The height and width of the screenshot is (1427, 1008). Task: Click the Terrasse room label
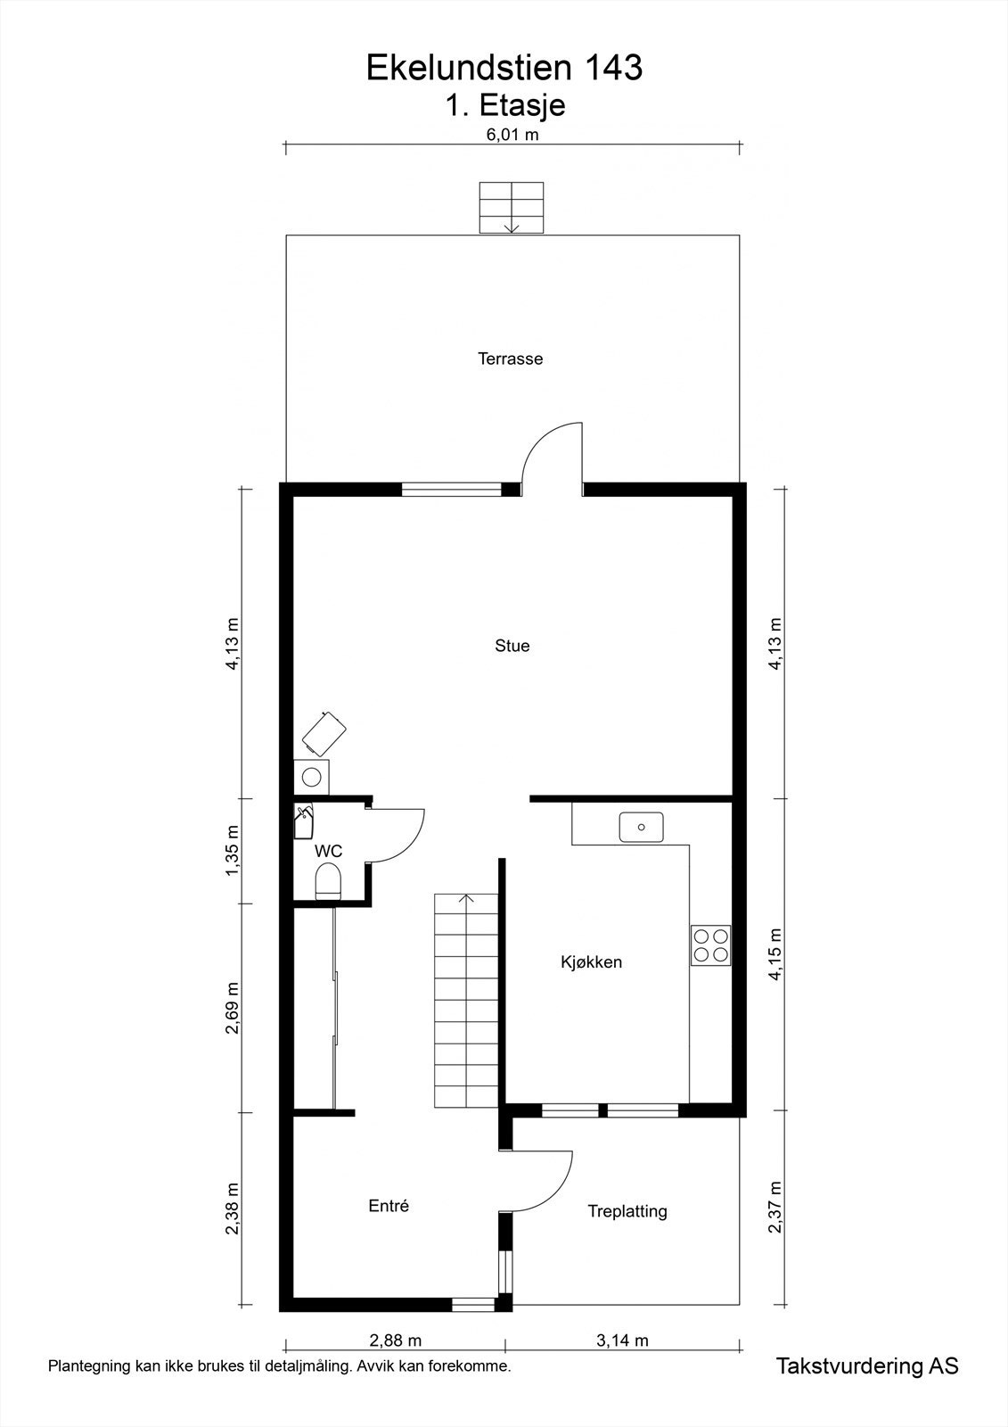[510, 359]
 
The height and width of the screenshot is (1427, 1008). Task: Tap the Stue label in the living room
[512, 646]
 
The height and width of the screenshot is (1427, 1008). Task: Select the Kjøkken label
[591, 962]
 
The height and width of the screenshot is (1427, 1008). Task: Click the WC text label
[328, 852]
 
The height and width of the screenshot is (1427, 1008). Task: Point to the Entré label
[389, 1206]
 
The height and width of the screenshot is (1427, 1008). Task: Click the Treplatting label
[627, 1211]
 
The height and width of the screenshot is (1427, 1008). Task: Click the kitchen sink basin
[642, 827]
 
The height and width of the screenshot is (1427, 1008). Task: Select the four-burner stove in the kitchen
[711, 945]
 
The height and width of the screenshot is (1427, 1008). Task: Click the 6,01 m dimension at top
[512, 136]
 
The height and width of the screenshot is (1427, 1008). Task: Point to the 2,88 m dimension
[395, 1340]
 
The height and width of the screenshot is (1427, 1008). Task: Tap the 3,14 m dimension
[621, 1340]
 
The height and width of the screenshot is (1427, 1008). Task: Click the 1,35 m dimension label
[233, 852]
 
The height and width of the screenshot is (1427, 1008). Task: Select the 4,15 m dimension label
[775, 954]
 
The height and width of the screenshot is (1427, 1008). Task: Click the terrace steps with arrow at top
[512, 208]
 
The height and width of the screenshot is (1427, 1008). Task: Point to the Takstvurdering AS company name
[867, 1366]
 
